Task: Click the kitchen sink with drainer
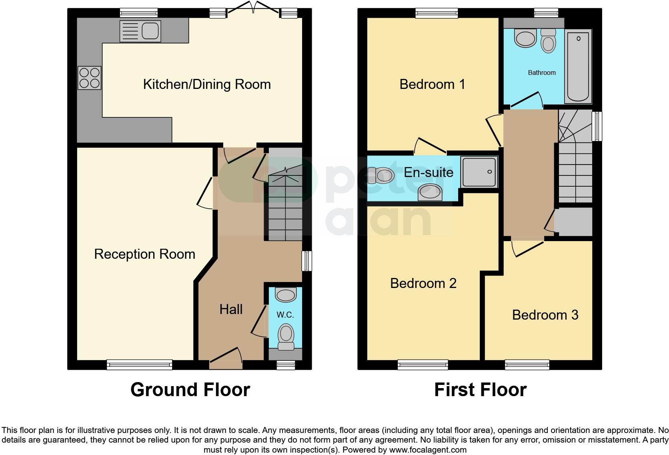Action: pyautogui.click(x=140, y=31)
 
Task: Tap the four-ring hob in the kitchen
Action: pyautogui.click(x=89, y=78)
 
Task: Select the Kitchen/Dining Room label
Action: pyautogui.click(x=207, y=85)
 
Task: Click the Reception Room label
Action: pyautogui.click(x=144, y=254)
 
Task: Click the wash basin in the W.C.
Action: pyautogui.click(x=286, y=295)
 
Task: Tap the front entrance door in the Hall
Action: pyautogui.click(x=226, y=359)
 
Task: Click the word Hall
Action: pyautogui.click(x=231, y=309)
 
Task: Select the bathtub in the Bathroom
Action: pyautogui.click(x=578, y=66)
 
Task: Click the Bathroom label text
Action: pyautogui.click(x=542, y=72)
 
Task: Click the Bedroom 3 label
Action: pyautogui.click(x=545, y=315)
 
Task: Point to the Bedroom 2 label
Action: pyautogui.click(x=423, y=283)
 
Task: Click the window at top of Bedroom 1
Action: pyautogui.click(x=437, y=14)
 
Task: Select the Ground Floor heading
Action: pyautogui.click(x=190, y=390)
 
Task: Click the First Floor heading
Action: pyautogui.click(x=480, y=390)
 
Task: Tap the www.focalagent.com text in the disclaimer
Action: pyautogui.click(x=427, y=450)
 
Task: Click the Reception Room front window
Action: pyautogui.click(x=139, y=364)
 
